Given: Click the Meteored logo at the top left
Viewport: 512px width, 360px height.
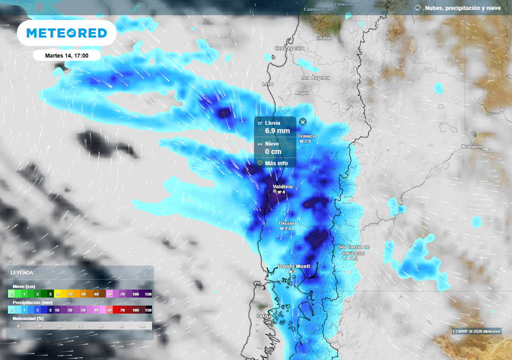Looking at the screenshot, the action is coord(66,33).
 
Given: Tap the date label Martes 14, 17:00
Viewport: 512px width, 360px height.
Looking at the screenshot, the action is coord(66,55).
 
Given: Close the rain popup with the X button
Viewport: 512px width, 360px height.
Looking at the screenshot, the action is coord(302,122).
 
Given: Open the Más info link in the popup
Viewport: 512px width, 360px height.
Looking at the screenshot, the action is coord(276,163).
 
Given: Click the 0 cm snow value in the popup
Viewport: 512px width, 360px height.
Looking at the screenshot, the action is coord(273,151).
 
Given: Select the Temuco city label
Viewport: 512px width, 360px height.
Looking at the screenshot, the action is coord(306,136).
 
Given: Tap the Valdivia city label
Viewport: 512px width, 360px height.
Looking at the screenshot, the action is coord(282,187).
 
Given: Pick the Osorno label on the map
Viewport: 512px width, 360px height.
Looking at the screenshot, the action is coord(286,223).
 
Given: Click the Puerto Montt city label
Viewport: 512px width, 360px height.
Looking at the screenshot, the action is coord(293,266).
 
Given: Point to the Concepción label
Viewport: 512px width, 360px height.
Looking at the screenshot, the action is coord(289,48).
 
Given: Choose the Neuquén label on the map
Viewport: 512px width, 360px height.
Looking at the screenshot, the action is coord(472,146).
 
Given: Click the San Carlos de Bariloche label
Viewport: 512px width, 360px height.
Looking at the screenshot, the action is coord(353,247).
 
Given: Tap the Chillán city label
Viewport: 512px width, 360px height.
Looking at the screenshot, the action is coord(324,38).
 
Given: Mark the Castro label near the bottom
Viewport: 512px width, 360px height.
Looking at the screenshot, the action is coord(263,316).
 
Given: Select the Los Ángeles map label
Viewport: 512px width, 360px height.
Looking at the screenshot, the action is coord(315,77).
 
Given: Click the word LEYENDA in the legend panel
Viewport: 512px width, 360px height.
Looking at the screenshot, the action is coord(22,272).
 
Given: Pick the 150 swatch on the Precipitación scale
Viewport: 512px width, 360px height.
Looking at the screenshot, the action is coord(148,310).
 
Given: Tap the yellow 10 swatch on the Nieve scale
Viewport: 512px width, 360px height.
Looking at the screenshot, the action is coord(57,294).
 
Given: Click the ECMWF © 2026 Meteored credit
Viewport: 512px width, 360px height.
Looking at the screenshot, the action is coord(476,331).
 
